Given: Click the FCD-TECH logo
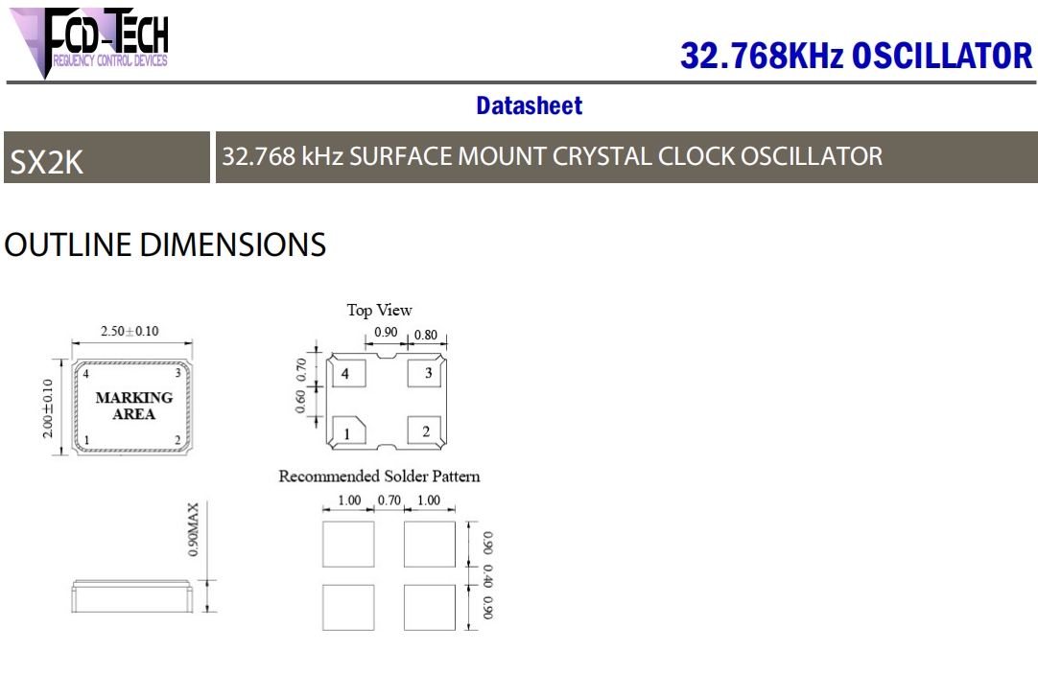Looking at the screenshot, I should [92, 40].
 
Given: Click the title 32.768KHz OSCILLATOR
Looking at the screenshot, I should [856, 56].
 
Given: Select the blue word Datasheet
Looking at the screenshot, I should [529, 105].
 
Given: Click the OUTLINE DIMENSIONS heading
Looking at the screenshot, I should [165, 244].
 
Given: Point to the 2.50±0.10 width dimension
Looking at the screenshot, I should [130, 332].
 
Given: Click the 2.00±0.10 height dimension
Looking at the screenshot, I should [48, 407].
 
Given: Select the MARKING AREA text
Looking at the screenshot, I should [133, 406].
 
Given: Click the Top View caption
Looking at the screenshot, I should [379, 310].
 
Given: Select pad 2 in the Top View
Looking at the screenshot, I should [425, 431].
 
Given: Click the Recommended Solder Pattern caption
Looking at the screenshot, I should [379, 476].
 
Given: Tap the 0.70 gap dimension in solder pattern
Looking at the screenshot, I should [389, 500].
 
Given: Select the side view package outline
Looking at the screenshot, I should [130, 596].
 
